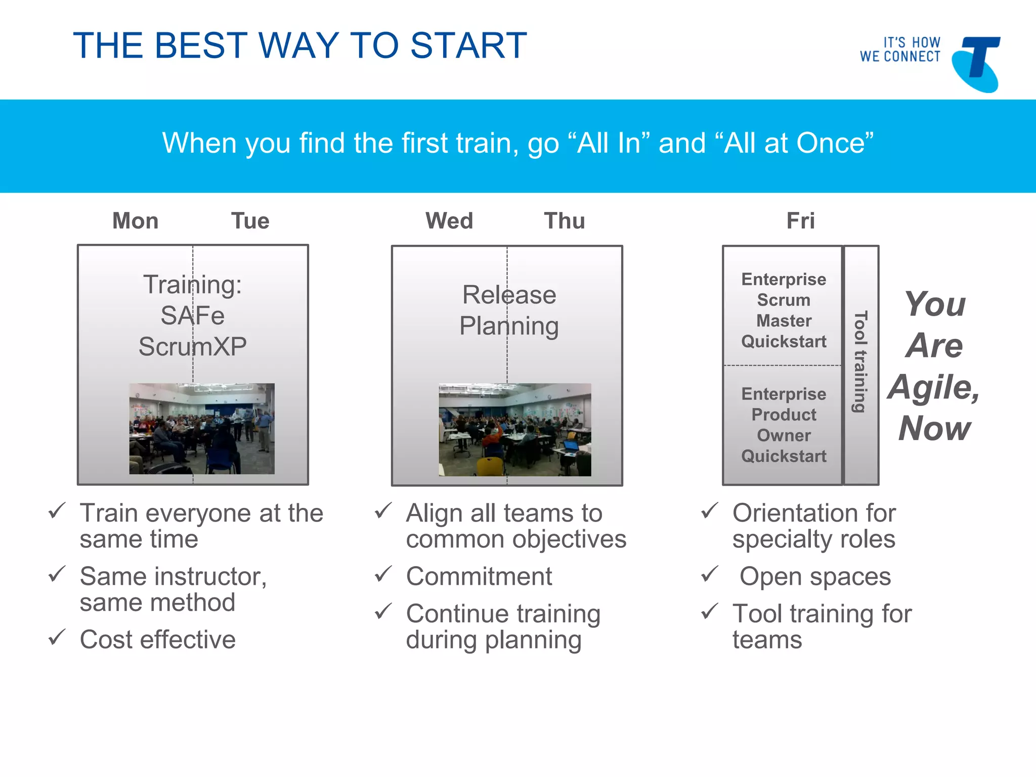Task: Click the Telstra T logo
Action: tap(976, 64)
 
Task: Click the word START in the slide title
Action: tap(468, 46)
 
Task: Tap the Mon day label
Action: tap(135, 221)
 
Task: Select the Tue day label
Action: tap(250, 221)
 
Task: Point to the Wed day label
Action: tap(449, 221)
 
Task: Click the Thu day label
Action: tap(565, 221)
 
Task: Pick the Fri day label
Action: tap(800, 221)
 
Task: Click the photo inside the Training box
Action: tap(202, 428)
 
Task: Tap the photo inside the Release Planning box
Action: tap(514, 429)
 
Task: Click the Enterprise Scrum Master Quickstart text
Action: tap(784, 310)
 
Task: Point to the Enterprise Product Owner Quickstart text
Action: tap(784, 425)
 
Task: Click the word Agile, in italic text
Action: tap(934, 387)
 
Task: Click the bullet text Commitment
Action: tap(479, 576)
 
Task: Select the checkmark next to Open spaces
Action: tap(710, 574)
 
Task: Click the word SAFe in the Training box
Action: tap(192, 316)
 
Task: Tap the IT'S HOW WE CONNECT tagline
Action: tap(900, 50)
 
